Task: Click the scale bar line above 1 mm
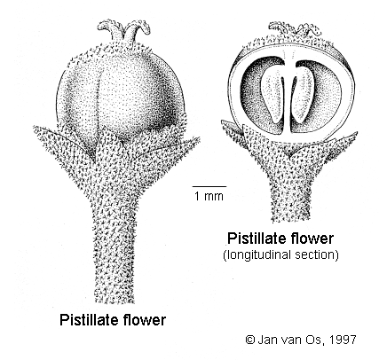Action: click(x=209, y=186)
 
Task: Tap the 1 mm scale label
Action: click(x=209, y=196)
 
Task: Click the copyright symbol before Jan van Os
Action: click(x=250, y=340)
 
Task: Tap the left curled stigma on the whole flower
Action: click(x=110, y=27)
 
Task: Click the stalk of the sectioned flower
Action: click(x=291, y=197)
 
